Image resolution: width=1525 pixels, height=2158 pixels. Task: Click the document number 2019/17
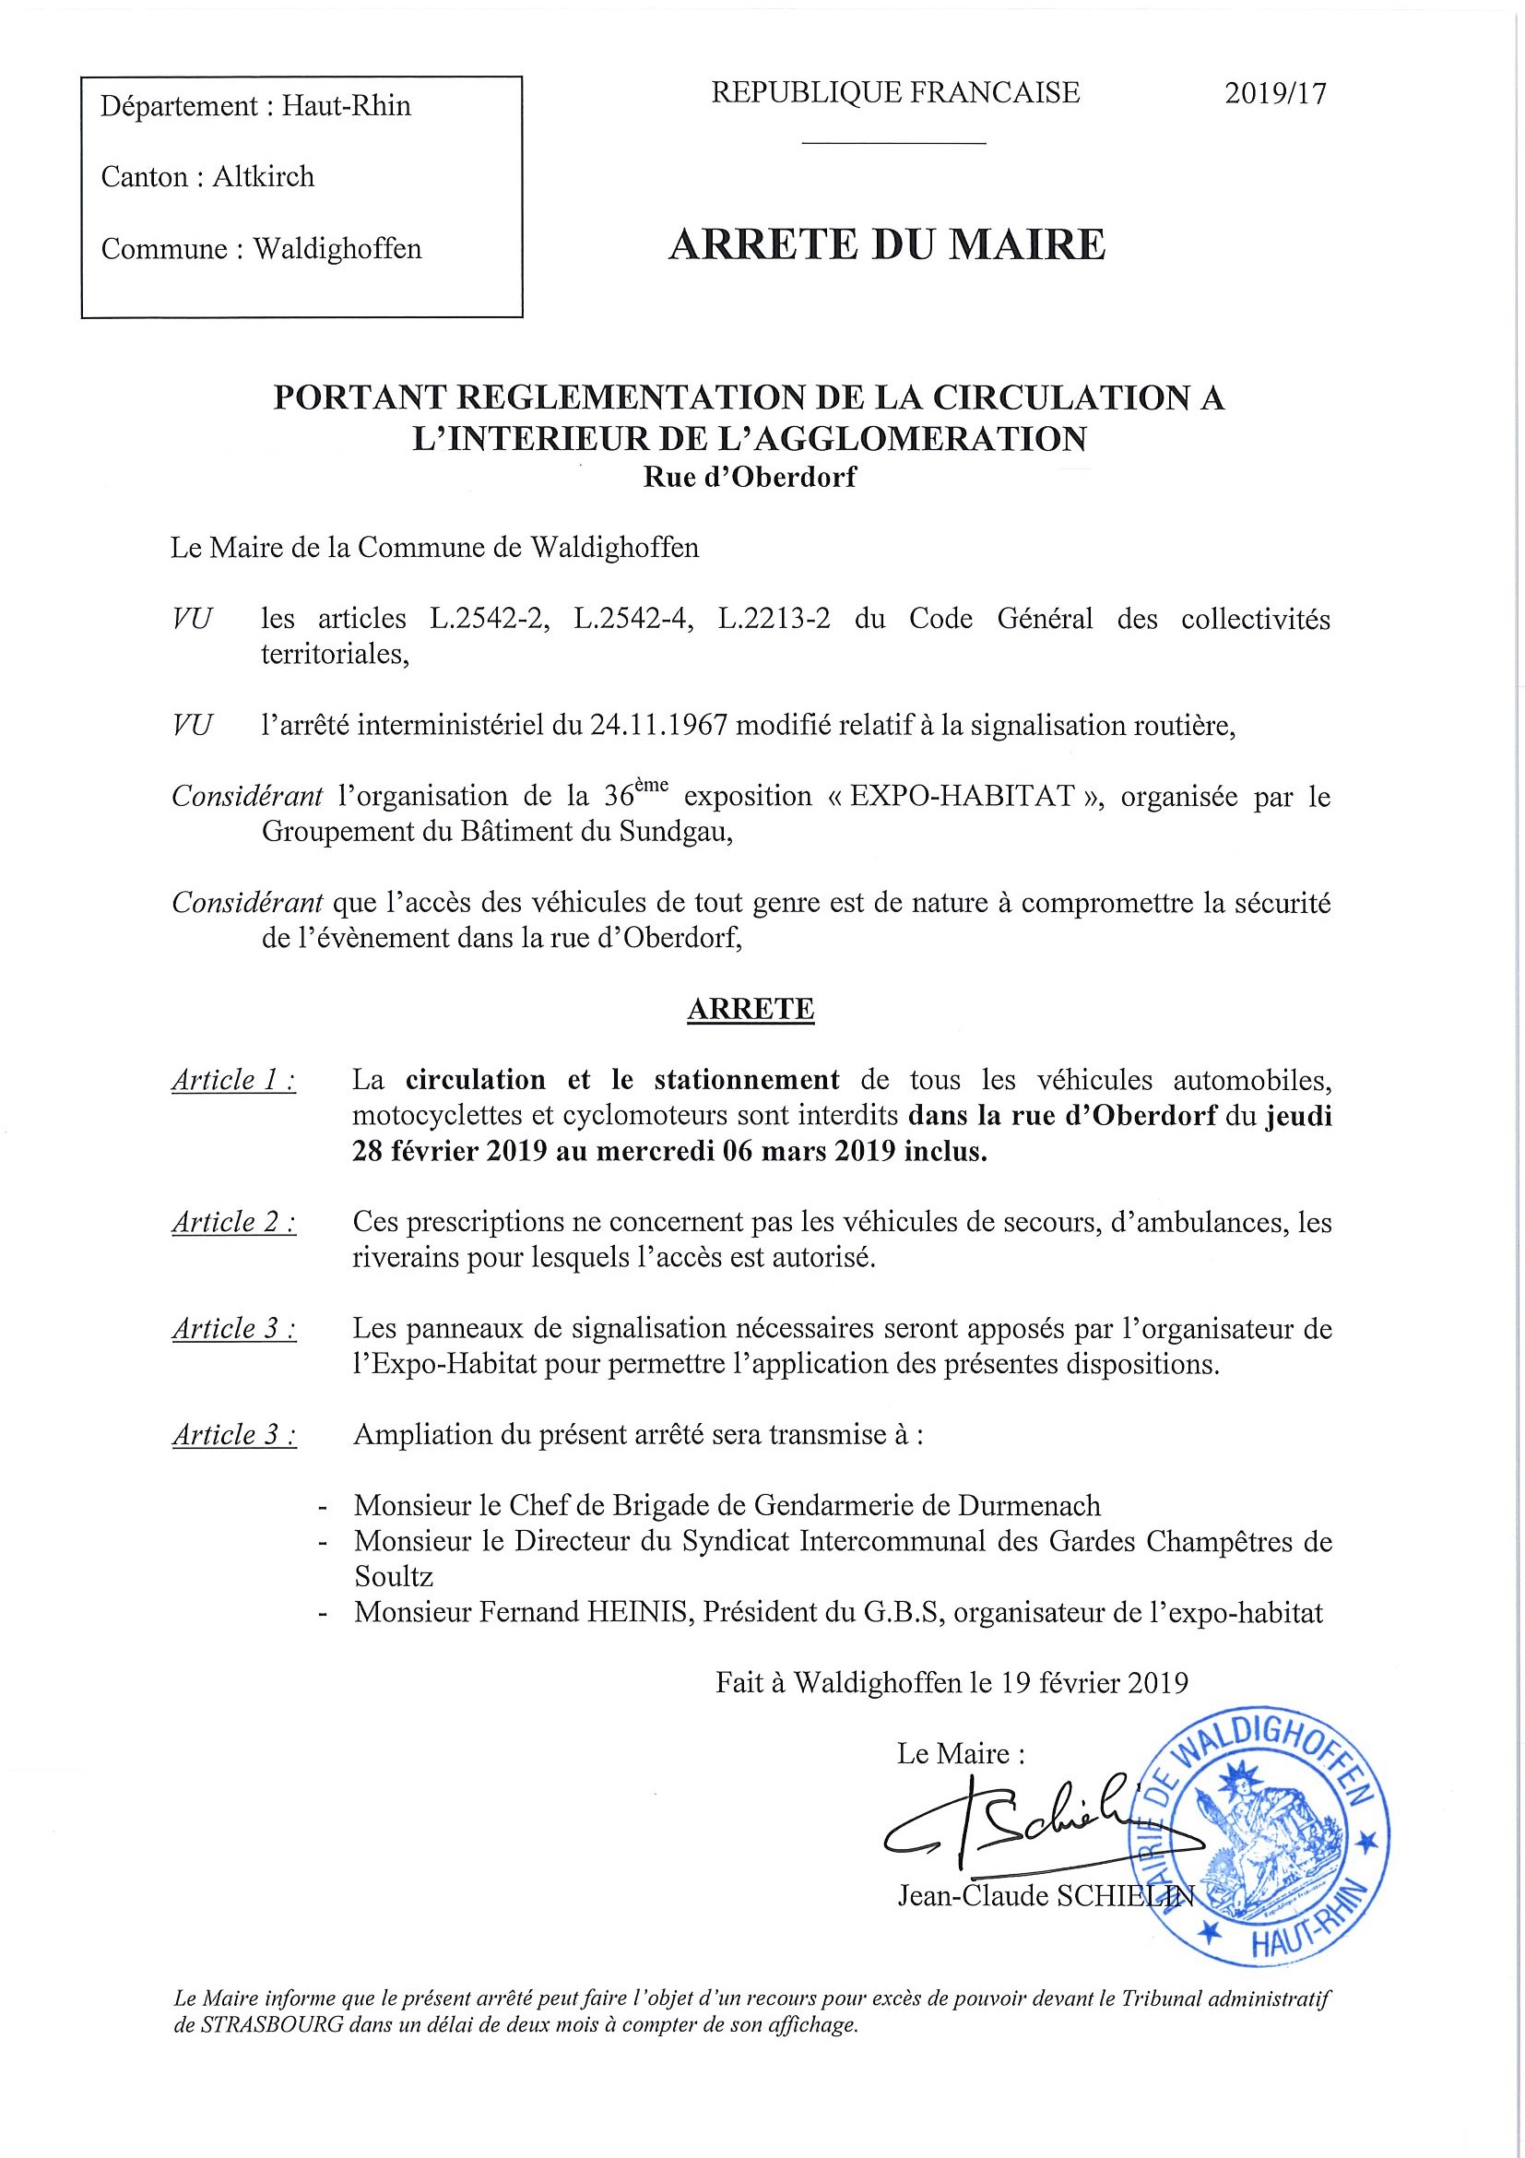[1275, 93]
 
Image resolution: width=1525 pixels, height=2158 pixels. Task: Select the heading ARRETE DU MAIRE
[887, 244]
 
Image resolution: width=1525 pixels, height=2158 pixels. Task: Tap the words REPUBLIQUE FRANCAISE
[895, 92]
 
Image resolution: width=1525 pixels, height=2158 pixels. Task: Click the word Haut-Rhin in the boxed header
[347, 105]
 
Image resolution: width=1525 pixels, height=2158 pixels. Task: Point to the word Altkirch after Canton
[263, 177]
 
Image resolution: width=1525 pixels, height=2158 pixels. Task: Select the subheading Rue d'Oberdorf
[749, 478]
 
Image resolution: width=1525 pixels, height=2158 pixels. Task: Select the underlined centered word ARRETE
[751, 1009]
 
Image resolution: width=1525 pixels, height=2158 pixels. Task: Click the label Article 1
[234, 1080]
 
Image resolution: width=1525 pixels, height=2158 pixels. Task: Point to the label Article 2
[234, 1222]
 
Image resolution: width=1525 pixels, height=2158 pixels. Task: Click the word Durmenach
[1029, 1505]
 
